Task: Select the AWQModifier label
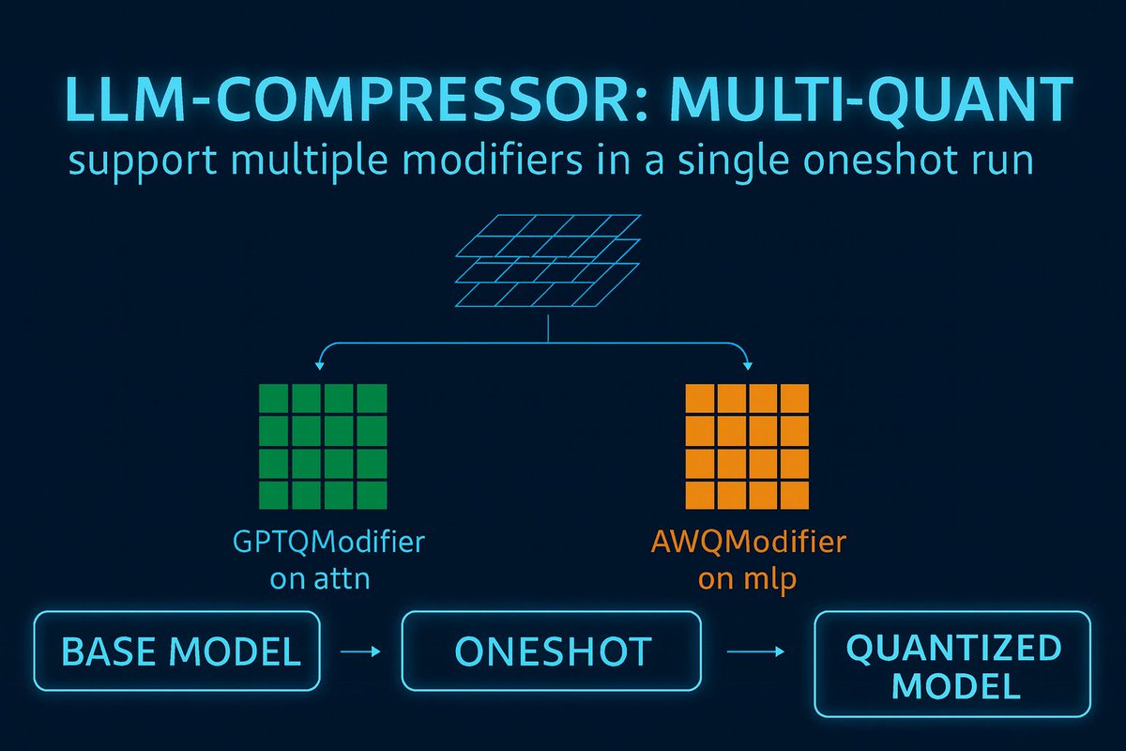(747, 544)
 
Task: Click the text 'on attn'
(319, 578)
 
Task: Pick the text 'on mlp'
(747, 578)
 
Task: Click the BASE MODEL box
(176, 651)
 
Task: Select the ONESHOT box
(551, 651)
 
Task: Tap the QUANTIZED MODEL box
(951, 667)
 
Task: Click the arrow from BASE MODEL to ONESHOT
(360, 651)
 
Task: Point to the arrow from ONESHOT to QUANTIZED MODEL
(756, 650)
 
